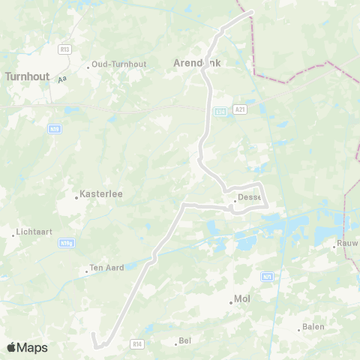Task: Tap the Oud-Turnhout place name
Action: click(118, 64)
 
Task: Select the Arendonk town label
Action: click(198, 64)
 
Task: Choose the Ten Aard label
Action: click(106, 268)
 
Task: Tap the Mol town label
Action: click(242, 298)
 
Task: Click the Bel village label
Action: click(184, 341)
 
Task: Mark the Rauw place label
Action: click(347, 243)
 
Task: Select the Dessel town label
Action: click(248, 198)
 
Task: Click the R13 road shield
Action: click(64, 49)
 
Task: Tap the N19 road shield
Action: click(54, 128)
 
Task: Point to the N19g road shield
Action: click(67, 243)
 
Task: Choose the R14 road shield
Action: click(136, 343)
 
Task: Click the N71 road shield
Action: click(267, 277)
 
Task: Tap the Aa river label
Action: click(62, 77)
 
